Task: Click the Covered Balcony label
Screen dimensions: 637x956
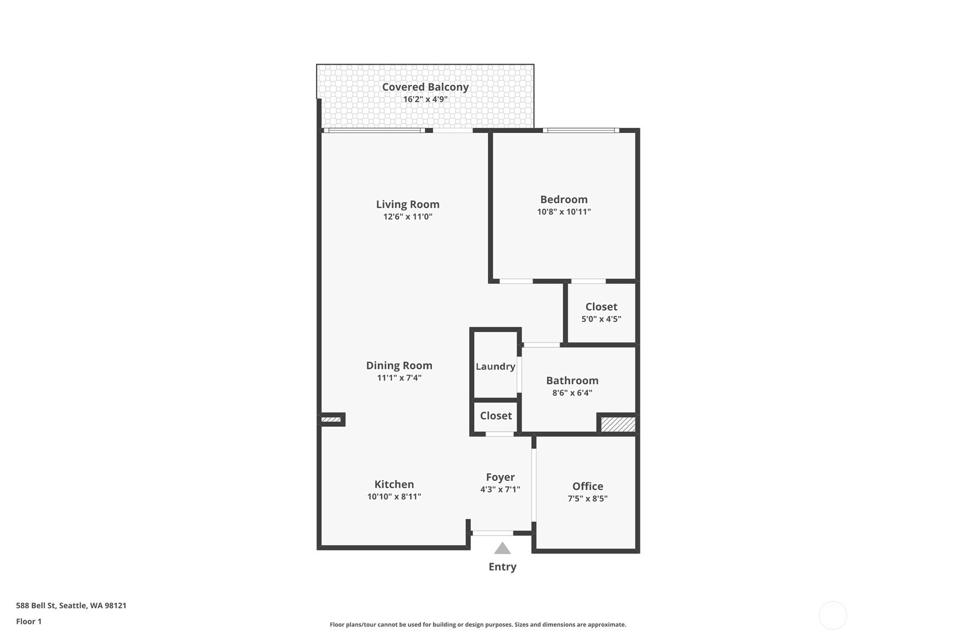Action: click(x=425, y=87)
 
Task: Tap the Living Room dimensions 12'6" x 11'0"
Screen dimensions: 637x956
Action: click(x=407, y=217)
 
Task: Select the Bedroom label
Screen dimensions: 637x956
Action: click(x=563, y=199)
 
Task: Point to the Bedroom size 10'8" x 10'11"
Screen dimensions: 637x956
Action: click(x=563, y=212)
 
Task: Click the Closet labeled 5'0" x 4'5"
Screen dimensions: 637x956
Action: click(x=601, y=307)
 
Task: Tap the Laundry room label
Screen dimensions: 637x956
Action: click(x=495, y=367)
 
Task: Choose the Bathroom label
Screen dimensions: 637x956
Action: click(x=572, y=381)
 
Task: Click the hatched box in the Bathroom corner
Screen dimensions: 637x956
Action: click(x=617, y=424)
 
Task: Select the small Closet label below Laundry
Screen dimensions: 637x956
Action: click(x=496, y=416)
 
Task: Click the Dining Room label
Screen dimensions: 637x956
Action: click(x=399, y=366)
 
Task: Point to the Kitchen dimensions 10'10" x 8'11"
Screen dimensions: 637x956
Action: click(x=394, y=497)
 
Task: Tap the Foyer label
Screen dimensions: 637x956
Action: click(x=500, y=477)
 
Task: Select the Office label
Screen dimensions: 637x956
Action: click(x=588, y=486)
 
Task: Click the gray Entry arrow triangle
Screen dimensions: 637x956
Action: click(x=502, y=549)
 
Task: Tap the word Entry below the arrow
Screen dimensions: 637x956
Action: click(x=502, y=567)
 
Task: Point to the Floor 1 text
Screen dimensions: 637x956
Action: click(x=29, y=621)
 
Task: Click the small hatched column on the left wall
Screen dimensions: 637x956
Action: click(x=331, y=420)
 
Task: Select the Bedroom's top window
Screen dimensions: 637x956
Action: click(x=581, y=131)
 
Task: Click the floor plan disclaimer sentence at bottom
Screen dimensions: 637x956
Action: click(x=478, y=624)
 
